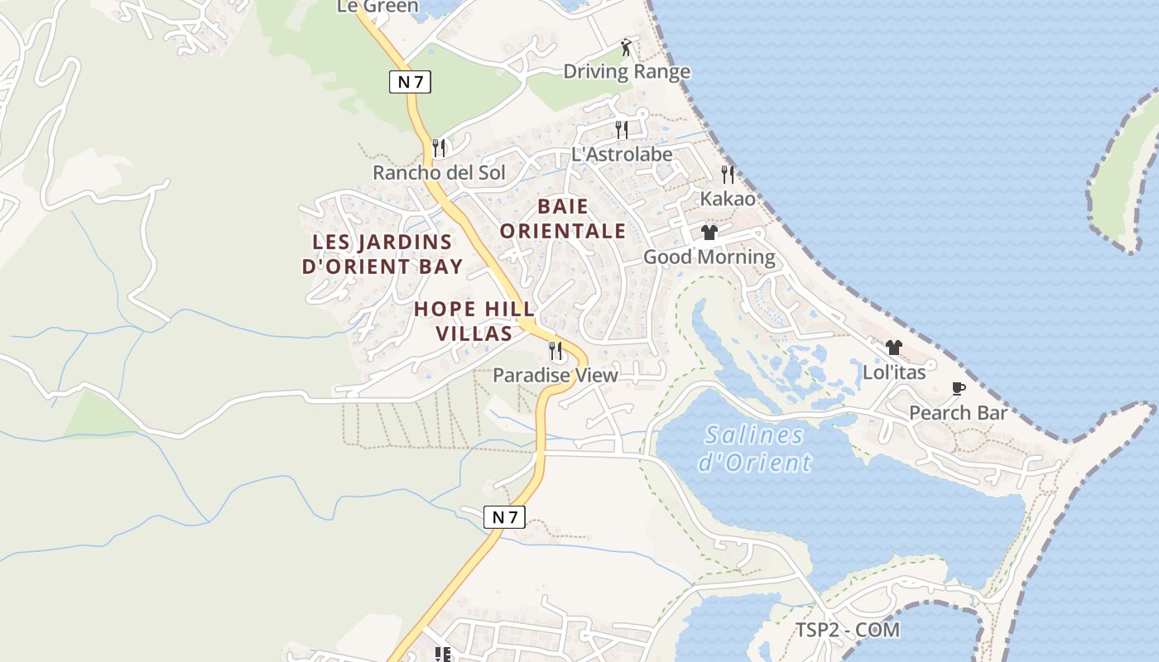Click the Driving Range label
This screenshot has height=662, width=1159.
pyautogui.click(x=627, y=71)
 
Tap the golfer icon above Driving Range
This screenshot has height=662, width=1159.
pyautogui.click(x=627, y=47)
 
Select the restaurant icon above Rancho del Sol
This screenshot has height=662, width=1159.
pyautogui.click(x=439, y=148)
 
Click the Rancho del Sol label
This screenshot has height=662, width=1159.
pyautogui.click(x=439, y=173)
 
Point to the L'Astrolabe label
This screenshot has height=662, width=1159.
pyautogui.click(x=622, y=154)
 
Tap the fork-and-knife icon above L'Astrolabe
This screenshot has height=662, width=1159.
pyautogui.click(x=621, y=129)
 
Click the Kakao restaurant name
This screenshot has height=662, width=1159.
pyautogui.click(x=728, y=199)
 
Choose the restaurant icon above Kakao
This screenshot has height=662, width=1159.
pyautogui.click(x=728, y=174)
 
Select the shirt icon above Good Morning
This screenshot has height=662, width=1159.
pyautogui.click(x=709, y=233)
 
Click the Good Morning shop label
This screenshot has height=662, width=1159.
pyautogui.click(x=709, y=257)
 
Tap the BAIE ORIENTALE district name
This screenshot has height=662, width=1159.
pyautogui.click(x=563, y=218)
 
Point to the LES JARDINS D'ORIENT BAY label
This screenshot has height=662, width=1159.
pyautogui.click(x=382, y=254)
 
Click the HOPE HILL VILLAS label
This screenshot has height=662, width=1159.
pyautogui.click(x=474, y=321)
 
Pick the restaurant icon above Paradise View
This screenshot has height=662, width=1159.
pyautogui.click(x=555, y=351)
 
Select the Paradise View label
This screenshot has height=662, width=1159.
pyautogui.click(x=555, y=376)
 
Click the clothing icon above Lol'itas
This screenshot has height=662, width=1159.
pyautogui.click(x=893, y=348)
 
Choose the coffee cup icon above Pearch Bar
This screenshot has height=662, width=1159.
pyautogui.click(x=959, y=388)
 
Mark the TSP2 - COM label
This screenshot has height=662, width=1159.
pyautogui.click(x=848, y=630)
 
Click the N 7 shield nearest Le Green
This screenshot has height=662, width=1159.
pyautogui.click(x=411, y=82)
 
